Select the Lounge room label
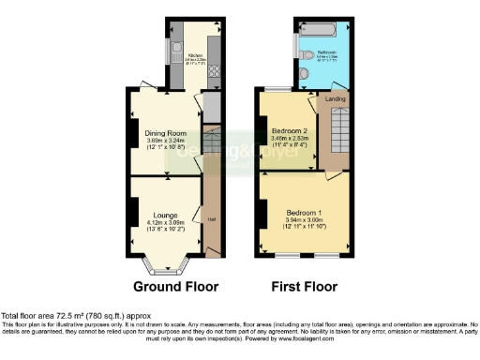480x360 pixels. coord(165,215)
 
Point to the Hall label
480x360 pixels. coord(209,220)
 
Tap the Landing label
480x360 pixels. coord(334,97)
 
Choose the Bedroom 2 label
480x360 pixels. coord(289,129)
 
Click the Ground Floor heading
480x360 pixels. coord(175,286)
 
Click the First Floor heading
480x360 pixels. coord(305,286)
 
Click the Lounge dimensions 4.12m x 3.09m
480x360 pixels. coord(165,223)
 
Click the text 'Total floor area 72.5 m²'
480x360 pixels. coord(47,316)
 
